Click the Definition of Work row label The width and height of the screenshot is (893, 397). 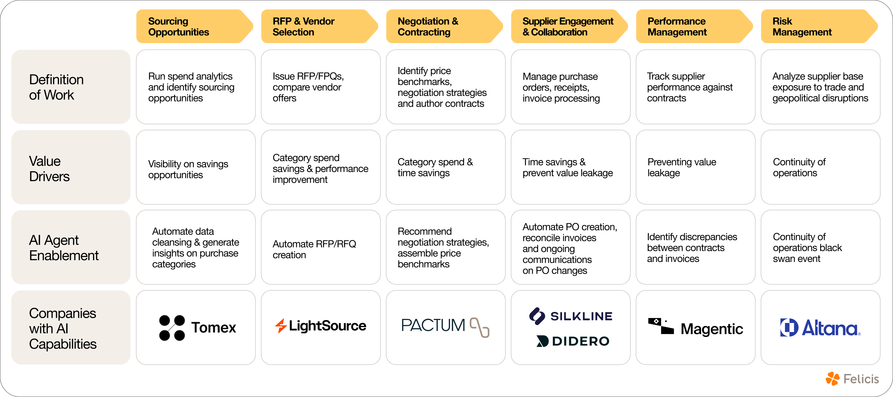click(x=71, y=87)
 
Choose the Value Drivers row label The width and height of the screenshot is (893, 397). click(x=71, y=169)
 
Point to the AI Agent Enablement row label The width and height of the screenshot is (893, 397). click(x=71, y=248)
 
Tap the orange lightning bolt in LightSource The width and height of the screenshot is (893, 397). click(x=280, y=326)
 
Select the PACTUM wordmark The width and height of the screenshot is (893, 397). click(x=433, y=326)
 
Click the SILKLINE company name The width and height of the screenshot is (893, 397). click(x=581, y=316)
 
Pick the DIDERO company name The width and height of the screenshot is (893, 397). click(x=581, y=341)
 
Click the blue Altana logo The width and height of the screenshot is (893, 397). click(x=820, y=328)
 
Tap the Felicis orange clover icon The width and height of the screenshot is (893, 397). click(x=833, y=379)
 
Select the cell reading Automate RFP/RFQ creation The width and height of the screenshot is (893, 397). click(x=321, y=249)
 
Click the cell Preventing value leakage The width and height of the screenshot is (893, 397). click(x=695, y=167)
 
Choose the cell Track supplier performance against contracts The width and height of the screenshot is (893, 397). click(x=695, y=87)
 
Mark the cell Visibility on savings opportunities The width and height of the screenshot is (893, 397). click(x=196, y=170)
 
